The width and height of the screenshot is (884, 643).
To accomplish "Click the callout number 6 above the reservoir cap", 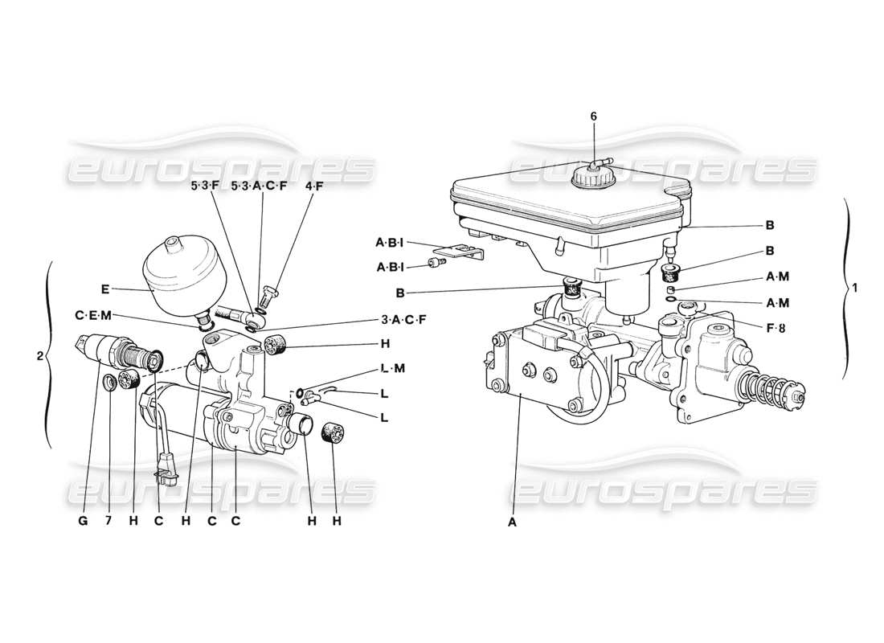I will (594, 117).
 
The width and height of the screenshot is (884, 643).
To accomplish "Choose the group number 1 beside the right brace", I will (854, 289).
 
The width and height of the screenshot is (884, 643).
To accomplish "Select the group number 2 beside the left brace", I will (39, 354).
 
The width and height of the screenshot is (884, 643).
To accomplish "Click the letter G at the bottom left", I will (82, 521).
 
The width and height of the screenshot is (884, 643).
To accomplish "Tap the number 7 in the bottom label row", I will (108, 521).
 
